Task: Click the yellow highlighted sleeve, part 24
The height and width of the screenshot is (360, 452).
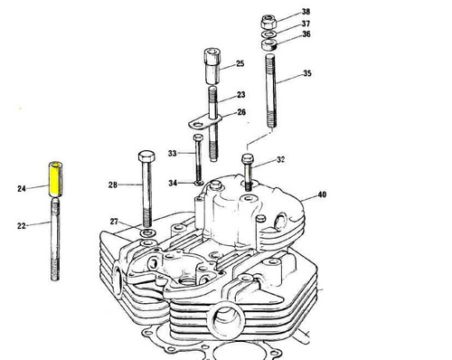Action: coord(55,179)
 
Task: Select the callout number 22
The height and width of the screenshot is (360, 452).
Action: coord(22,226)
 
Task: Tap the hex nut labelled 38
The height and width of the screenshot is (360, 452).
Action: coord(268,22)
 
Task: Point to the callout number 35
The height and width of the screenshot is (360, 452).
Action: coord(307,73)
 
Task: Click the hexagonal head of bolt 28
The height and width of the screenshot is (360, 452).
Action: coord(146,156)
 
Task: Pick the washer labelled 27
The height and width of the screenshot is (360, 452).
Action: coord(148,232)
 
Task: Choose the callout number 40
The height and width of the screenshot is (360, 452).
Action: coord(322,194)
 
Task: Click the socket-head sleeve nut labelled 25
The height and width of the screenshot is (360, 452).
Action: coord(213,66)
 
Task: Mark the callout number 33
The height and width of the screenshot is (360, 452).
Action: coord(172,154)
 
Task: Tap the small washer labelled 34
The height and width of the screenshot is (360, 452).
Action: coord(199,183)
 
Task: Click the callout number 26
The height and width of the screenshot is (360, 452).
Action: coord(241,112)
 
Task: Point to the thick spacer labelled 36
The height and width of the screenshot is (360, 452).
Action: coord(269,45)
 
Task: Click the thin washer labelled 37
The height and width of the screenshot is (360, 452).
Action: coord(268,33)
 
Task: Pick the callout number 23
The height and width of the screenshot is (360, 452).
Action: coord(241,95)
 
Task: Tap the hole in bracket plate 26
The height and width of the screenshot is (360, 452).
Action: coord(198,124)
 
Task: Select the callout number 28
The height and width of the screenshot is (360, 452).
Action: coord(113,185)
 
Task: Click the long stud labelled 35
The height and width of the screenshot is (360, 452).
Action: coord(270,90)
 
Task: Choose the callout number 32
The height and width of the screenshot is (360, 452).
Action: coord(281,159)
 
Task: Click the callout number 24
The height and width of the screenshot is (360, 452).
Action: coord(22,189)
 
